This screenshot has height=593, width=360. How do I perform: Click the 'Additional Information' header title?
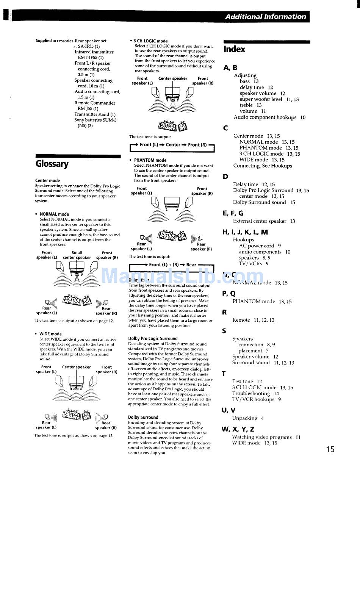pyautogui.click(x=265, y=17)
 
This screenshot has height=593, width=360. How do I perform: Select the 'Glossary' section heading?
pyautogui.click(x=52, y=164)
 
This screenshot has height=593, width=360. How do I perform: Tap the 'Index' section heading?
pyautogui.click(x=234, y=49)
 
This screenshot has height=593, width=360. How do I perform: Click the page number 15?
pyautogui.click(x=330, y=449)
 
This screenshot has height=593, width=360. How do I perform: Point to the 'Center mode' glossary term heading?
pyautogui.click(x=47, y=180)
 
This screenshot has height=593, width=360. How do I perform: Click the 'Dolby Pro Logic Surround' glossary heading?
pyautogui.click(x=153, y=338)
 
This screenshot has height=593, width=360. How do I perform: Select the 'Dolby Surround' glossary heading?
pyautogui.click(x=143, y=417)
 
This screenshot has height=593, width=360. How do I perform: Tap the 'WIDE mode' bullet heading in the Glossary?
pyautogui.click(x=50, y=334)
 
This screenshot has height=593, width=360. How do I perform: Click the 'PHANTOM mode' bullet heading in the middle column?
pyautogui.click(x=150, y=160)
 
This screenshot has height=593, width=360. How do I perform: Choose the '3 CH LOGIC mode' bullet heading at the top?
pyautogui.click(x=150, y=41)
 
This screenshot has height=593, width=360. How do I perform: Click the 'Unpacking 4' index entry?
pyautogui.click(x=248, y=418)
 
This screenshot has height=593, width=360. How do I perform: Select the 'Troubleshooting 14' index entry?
pyautogui.click(x=255, y=393)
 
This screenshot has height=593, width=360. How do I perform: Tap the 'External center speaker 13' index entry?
pyautogui.click(x=264, y=221)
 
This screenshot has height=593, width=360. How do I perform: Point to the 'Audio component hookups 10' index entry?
pyautogui.click(x=269, y=117)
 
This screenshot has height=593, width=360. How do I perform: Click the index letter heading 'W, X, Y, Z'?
pyautogui.click(x=238, y=429)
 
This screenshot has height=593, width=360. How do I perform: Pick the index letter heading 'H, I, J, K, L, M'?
pyautogui.click(x=245, y=232)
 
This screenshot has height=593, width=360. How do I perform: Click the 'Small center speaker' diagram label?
pyautogui.click(x=77, y=255)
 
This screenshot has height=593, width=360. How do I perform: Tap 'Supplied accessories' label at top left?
pyautogui.click(x=54, y=41)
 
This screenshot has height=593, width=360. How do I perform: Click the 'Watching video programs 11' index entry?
pyautogui.click(x=266, y=437)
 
